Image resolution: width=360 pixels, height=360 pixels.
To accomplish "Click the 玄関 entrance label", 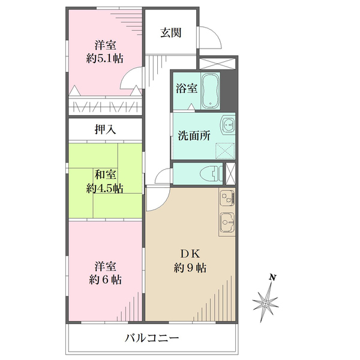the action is (171, 32).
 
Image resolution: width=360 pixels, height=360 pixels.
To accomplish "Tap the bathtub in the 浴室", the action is (211, 91).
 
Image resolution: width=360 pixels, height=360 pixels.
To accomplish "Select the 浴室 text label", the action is (187, 88).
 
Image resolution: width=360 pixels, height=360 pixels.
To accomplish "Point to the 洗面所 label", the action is (194, 136).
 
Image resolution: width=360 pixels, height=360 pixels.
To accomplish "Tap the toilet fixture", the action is (211, 173).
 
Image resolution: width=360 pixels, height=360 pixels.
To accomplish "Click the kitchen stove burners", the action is (227, 198).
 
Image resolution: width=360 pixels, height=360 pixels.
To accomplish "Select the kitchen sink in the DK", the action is (227, 222).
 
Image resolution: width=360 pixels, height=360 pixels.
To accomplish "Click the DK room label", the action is (190, 254).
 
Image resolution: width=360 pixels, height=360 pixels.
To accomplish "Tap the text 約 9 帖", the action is (190, 268).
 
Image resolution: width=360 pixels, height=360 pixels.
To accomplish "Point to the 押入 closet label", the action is (105, 130).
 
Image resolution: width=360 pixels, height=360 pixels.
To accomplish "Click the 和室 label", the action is (105, 175).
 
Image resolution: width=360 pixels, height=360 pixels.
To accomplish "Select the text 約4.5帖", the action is (104, 189).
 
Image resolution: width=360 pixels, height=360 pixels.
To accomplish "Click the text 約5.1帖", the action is (104, 59).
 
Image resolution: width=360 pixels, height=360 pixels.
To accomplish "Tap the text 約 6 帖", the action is (105, 280).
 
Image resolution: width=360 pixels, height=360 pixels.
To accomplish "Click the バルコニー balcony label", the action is (152, 338).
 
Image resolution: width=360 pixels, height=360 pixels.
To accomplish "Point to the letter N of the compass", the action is (272, 277).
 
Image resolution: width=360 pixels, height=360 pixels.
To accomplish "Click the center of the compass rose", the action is (265, 304).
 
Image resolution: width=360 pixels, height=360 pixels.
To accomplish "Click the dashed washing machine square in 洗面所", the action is (225, 151).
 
